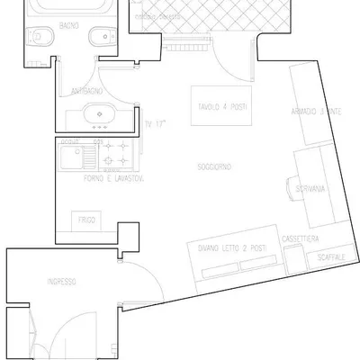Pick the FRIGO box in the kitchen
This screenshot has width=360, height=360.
86,220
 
